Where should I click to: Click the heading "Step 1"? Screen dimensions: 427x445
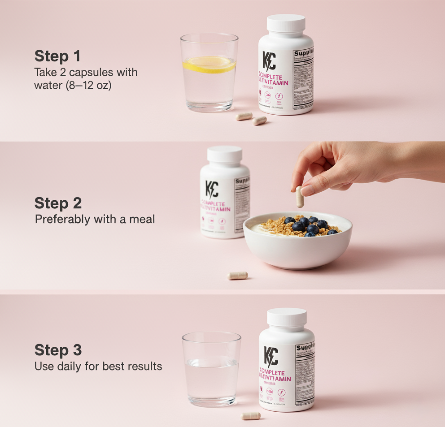(x=57, y=56)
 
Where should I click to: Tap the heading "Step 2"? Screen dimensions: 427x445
(x=58, y=203)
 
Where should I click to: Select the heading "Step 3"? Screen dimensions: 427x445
(x=58, y=350)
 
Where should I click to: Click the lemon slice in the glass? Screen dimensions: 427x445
(x=209, y=64)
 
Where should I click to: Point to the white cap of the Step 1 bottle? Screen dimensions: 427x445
(x=286, y=24)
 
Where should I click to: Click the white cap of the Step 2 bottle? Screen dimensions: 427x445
(x=224, y=155)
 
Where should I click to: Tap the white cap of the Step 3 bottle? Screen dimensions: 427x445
(x=287, y=317)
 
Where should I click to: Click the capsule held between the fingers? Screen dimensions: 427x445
(x=300, y=197)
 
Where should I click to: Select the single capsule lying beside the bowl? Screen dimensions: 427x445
(x=237, y=276)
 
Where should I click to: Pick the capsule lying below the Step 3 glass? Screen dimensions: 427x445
(x=251, y=415)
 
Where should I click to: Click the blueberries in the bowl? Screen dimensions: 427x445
(x=309, y=225)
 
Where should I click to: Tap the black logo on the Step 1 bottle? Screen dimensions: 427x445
(x=269, y=61)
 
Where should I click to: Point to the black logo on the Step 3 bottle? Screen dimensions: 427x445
(x=270, y=357)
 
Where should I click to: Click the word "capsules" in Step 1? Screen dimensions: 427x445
(x=84, y=73)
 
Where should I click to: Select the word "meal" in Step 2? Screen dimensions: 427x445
(x=143, y=220)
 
